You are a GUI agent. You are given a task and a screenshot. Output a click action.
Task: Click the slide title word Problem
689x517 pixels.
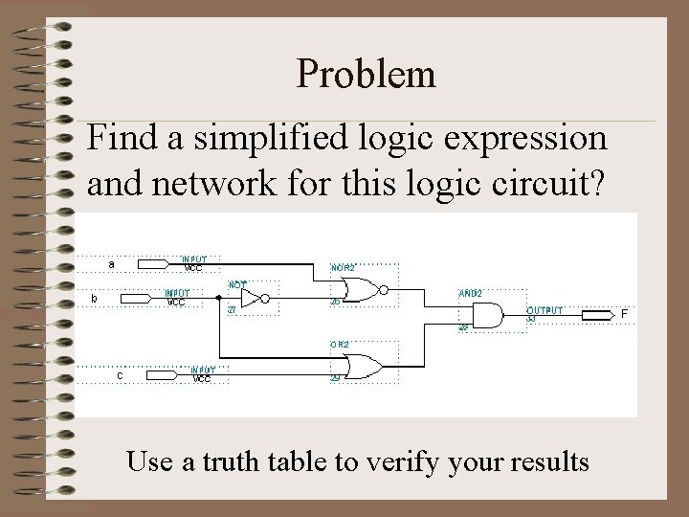367,74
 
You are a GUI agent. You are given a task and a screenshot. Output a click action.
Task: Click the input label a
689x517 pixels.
112,263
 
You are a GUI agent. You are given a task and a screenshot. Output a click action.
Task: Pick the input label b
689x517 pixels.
93,299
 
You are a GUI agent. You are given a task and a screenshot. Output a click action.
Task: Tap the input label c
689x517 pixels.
119,375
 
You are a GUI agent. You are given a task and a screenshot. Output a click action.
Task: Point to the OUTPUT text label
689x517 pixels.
545,310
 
